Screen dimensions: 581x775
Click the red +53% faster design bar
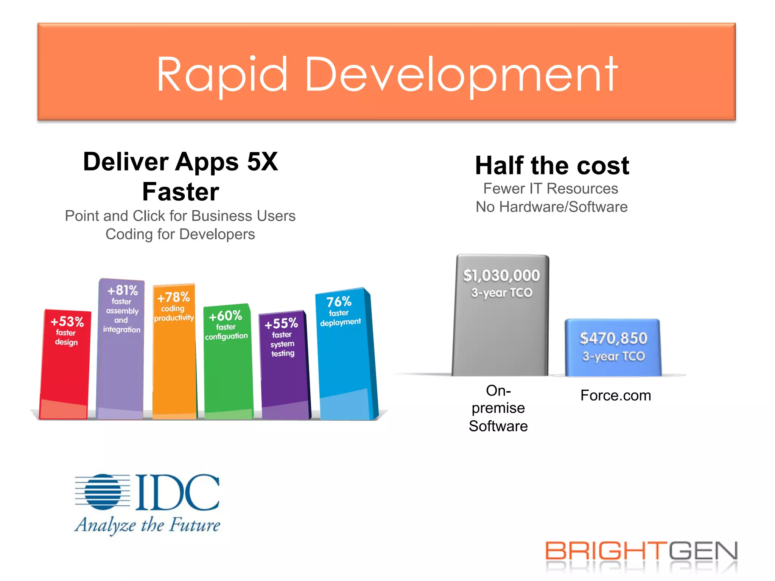pyautogui.click(x=65, y=363)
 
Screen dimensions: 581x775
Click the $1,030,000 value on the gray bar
pyautogui.click(x=501, y=275)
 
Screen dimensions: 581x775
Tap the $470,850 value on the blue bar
pyautogui.click(x=613, y=338)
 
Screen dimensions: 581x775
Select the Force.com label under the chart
pyautogui.click(x=616, y=396)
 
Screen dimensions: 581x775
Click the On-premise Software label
pyautogui.click(x=498, y=409)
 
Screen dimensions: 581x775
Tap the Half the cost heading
pyautogui.click(x=552, y=166)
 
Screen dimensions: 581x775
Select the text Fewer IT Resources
pyautogui.click(x=551, y=188)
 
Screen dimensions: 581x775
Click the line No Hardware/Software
pyautogui.click(x=551, y=207)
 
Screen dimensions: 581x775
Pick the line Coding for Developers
pyautogui.click(x=180, y=234)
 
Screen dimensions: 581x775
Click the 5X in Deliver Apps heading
pyautogui.click(x=262, y=162)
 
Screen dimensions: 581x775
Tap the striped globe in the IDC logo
pyautogui.click(x=102, y=492)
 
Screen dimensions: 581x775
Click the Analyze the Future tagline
pyautogui.click(x=147, y=525)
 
